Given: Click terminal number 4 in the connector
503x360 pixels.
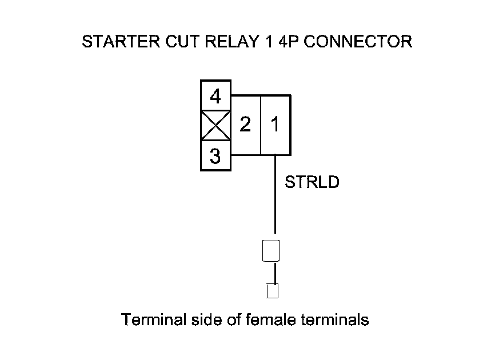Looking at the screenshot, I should (x=215, y=96).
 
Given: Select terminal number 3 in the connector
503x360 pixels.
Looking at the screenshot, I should (x=215, y=156).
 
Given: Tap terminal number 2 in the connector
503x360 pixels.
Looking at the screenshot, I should (x=245, y=124).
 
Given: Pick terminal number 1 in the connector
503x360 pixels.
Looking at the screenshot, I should (x=275, y=124).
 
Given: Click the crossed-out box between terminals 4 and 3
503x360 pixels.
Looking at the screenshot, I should (x=215, y=126).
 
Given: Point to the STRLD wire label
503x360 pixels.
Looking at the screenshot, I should (x=312, y=183).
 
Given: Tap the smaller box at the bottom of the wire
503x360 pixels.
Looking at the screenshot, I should (x=273, y=290).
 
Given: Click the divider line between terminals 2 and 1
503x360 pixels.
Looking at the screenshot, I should (x=260, y=124).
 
